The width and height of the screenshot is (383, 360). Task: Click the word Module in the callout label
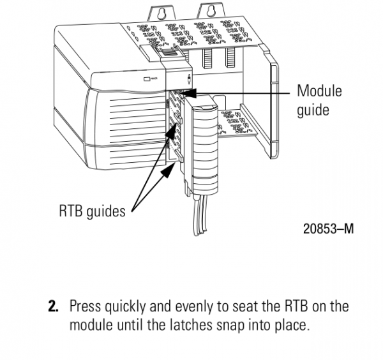tap(319, 91)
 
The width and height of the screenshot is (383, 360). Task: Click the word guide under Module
tap(313, 109)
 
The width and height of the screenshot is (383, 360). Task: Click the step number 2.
tap(55, 306)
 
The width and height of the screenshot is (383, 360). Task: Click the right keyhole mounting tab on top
tap(208, 10)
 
